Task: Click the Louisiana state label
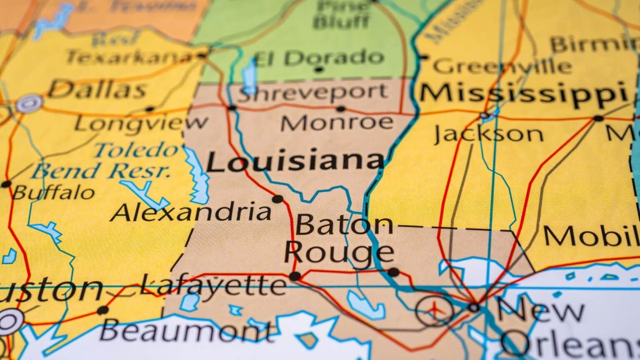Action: pyautogui.click(x=295, y=162)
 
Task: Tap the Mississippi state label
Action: pyautogui.click(x=523, y=93)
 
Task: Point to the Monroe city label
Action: pyautogui.click(x=337, y=122)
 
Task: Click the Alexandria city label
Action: pyautogui.click(x=192, y=212)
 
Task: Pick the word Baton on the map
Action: pyautogui.click(x=344, y=225)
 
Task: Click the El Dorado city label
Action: pyautogui.click(x=318, y=57)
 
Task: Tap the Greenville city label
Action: pyautogui.click(x=502, y=66)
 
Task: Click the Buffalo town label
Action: pyautogui.click(x=53, y=192)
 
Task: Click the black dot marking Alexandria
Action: pyautogui.click(x=277, y=199)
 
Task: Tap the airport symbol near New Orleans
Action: pyautogui.click(x=435, y=310)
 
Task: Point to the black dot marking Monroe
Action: pyautogui.click(x=341, y=109)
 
